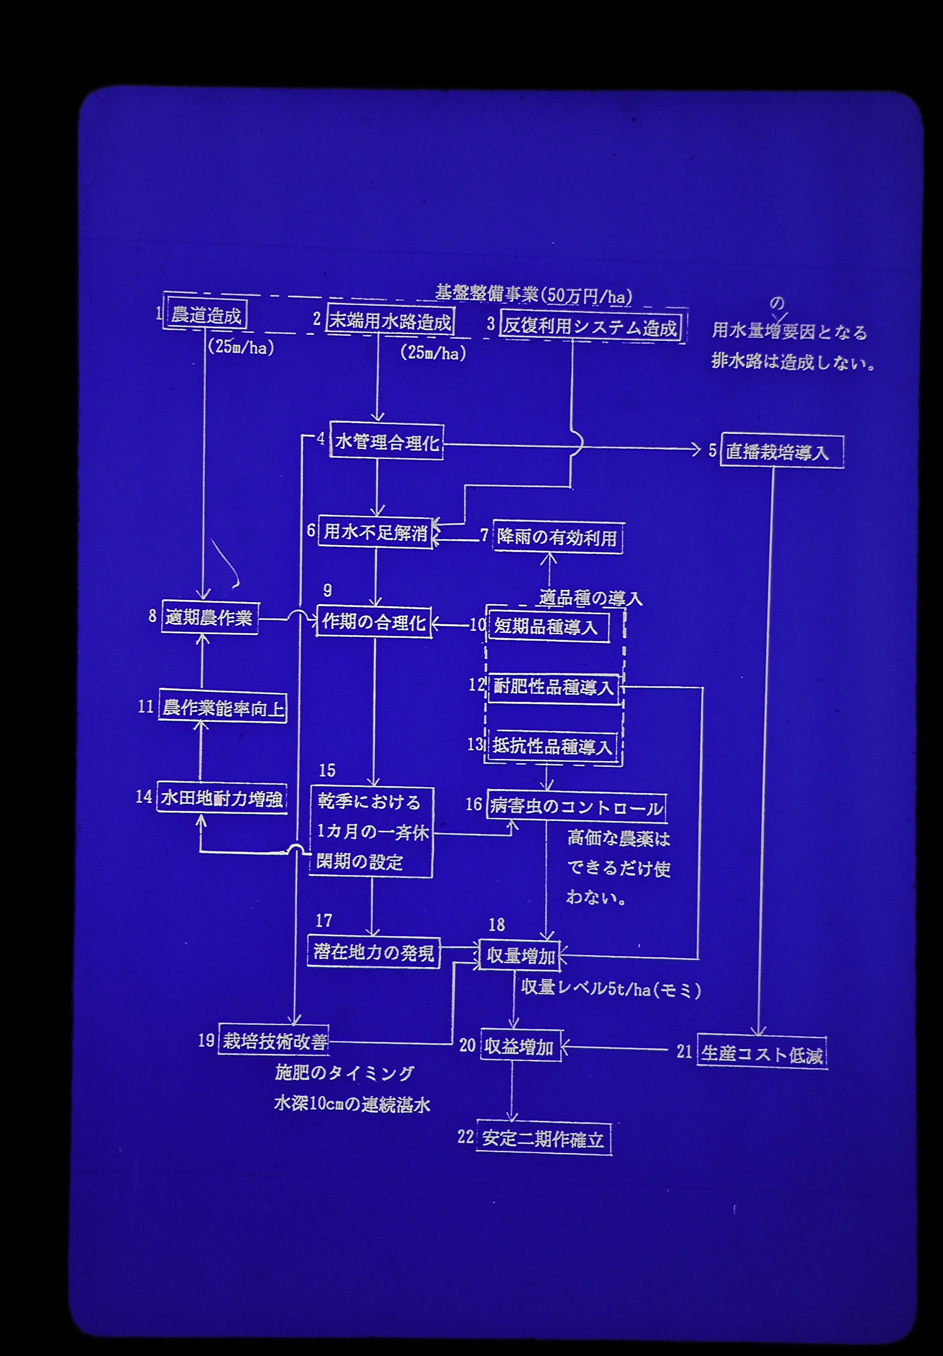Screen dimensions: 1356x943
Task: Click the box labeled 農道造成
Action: point(206,316)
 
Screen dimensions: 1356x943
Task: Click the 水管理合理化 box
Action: point(387,442)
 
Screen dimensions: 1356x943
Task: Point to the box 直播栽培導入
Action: point(781,452)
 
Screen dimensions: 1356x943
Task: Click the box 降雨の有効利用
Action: point(557,538)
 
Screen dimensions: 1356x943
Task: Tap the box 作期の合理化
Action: point(374,622)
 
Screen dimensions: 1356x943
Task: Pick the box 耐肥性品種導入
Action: point(553,688)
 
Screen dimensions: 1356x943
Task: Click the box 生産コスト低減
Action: point(762,1054)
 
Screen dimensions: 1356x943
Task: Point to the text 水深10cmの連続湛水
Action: point(352,1104)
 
